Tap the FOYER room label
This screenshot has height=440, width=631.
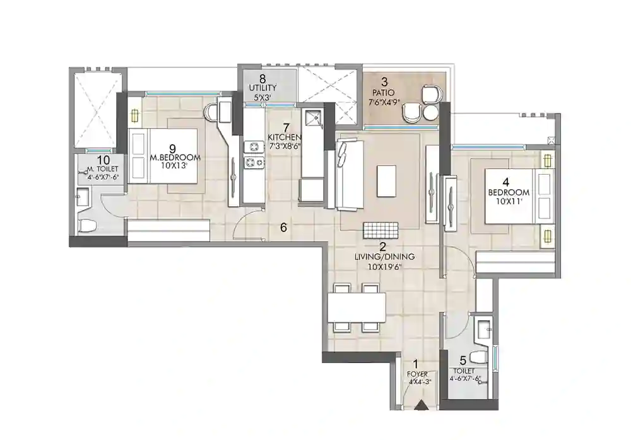(417, 374)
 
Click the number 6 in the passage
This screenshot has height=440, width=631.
(283, 228)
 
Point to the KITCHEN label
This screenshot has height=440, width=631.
(284, 137)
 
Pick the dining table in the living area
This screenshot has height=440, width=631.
(357, 308)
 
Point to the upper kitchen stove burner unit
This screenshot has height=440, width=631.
(253, 147)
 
